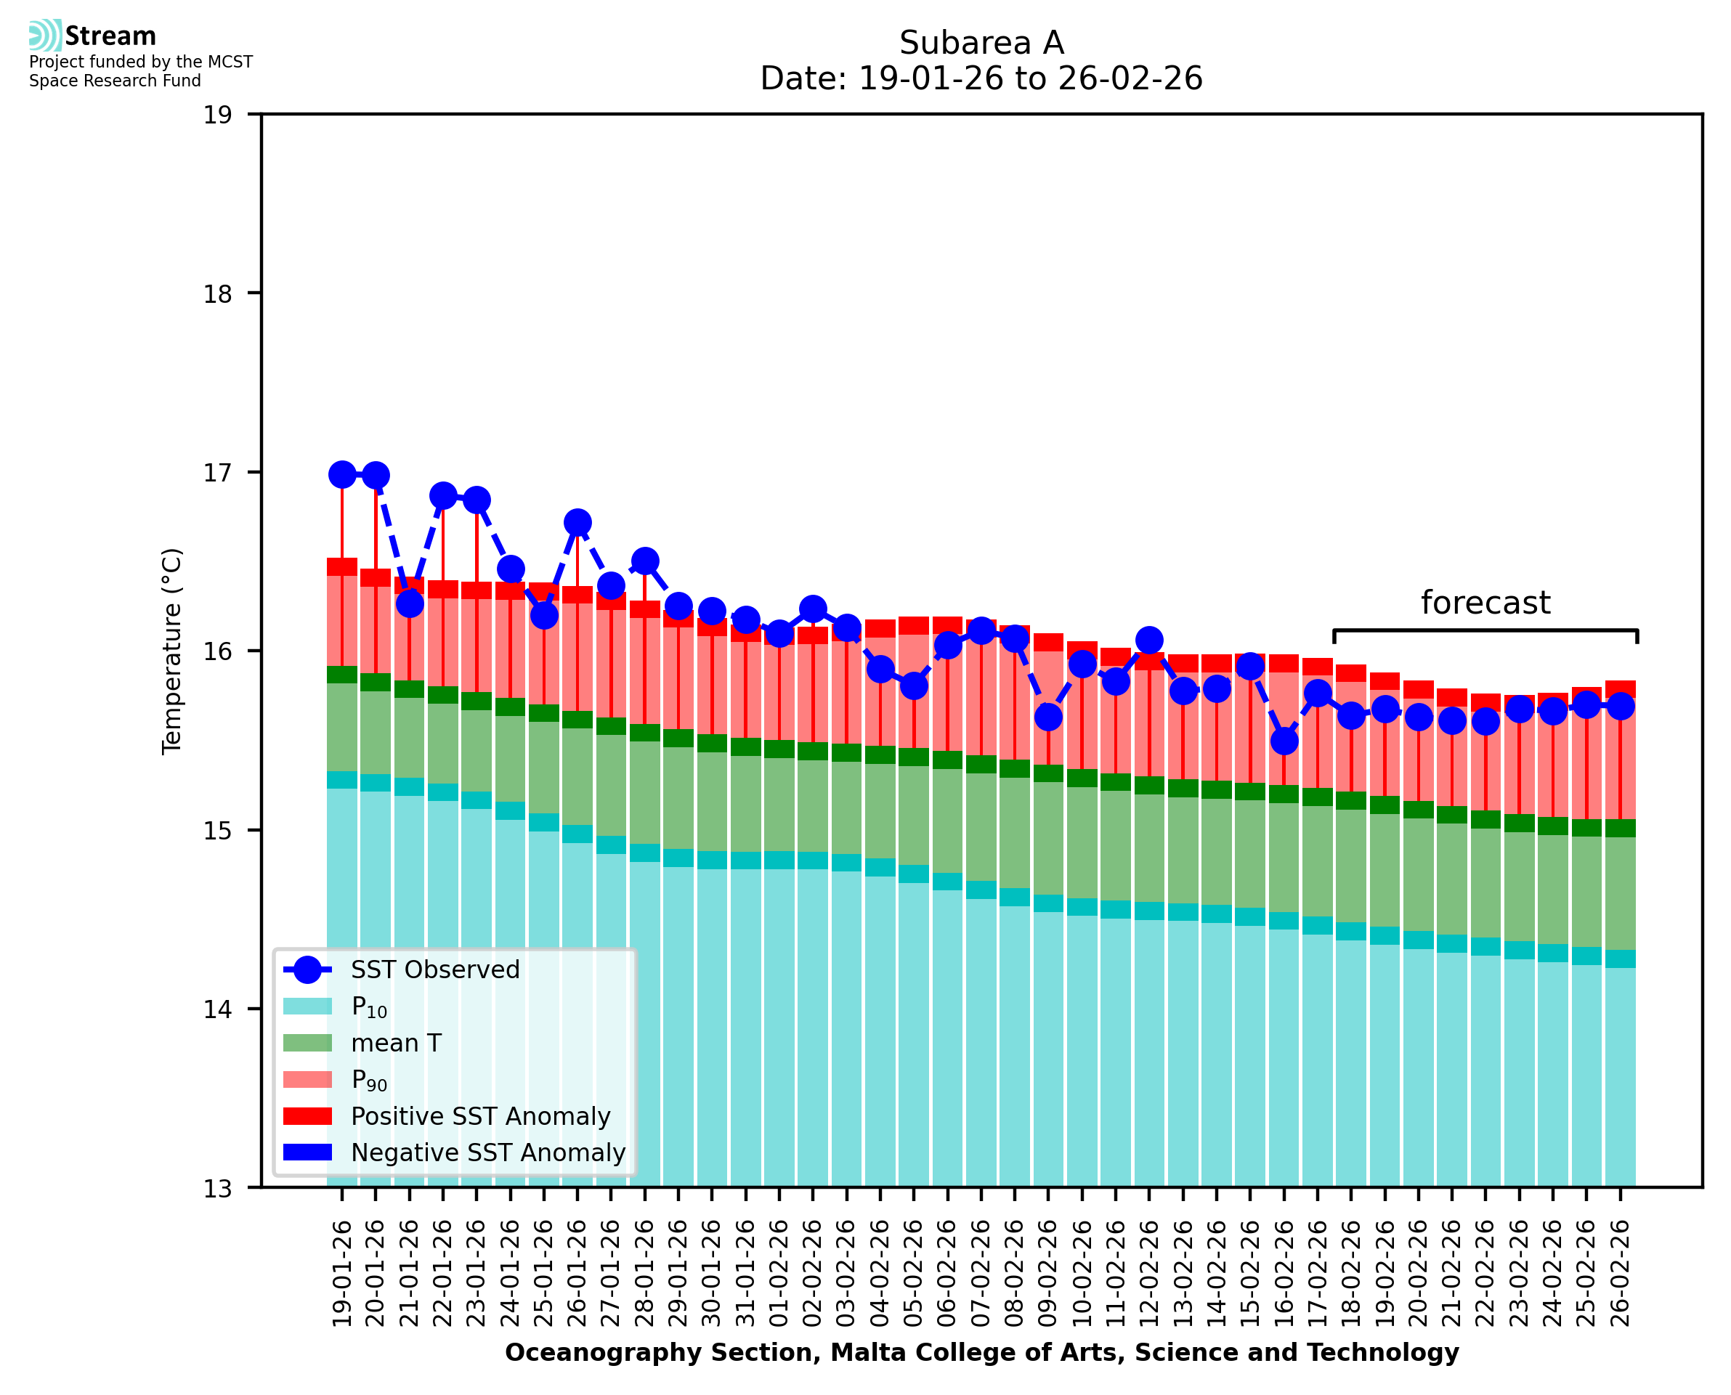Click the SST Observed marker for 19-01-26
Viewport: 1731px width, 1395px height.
[x=342, y=475]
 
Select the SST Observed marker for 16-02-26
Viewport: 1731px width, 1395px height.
[x=1284, y=741]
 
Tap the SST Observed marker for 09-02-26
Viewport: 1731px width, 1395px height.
[x=1048, y=717]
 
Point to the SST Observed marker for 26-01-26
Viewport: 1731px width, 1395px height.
[x=577, y=522]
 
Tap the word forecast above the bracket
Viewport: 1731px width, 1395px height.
[x=1485, y=603]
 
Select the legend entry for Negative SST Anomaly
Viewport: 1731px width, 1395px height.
[x=488, y=1153]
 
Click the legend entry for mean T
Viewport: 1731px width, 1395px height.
[x=396, y=1044]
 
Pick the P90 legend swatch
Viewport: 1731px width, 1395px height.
[x=308, y=1080]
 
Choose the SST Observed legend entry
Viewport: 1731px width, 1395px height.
[x=435, y=971]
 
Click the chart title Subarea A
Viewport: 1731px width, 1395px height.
[x=981, y=44]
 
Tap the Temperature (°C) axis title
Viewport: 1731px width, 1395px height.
[x=172, y=651]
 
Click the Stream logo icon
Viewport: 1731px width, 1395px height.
[x=45, y=36]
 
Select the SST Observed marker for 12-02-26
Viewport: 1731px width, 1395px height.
[x=1149, y=640]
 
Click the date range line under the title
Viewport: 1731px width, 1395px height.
[x=981, y=78]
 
